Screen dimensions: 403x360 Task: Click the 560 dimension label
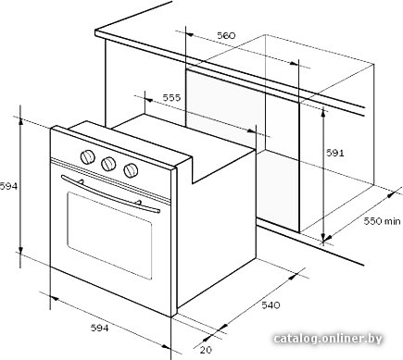pyautogui.click(x=226, y=35)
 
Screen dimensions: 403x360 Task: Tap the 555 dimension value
pyautogui.click(x=171, y=98)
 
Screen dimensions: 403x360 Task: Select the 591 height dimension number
pyautogui.click(x=335, y=153)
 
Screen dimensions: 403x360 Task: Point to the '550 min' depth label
pyautogui.click(x=382, y=221)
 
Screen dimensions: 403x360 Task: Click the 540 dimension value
pyautogui.click(x=271, y=305)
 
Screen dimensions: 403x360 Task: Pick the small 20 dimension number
pyautogui.click(x=206, y=350)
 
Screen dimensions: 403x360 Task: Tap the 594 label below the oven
pyautogui.click(x=99, y=328)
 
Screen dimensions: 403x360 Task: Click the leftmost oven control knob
pyautogui.click(x=88, y=157)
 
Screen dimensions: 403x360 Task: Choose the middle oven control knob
pyautogui.click(x=108, y=164)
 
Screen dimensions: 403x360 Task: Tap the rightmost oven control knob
pyautogui.click(x=131, y=170)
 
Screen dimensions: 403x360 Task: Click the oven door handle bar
pyautogui.click(x=110, y=194)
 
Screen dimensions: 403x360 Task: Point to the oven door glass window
pyautogui.click(x=109, y=235)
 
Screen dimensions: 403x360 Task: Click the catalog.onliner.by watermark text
pyautogui.click(x=328, y=339)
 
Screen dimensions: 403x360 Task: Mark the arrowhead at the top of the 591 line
pyautogui.click(x=323, y=112)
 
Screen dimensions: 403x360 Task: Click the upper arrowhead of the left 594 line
pyautogui.click(x=20, y=122)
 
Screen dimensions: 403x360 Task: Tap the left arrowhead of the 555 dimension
pyautogui.click(x=149, y=100)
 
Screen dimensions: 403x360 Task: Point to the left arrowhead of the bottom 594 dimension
pyautogui.click(x=55, y=298)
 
